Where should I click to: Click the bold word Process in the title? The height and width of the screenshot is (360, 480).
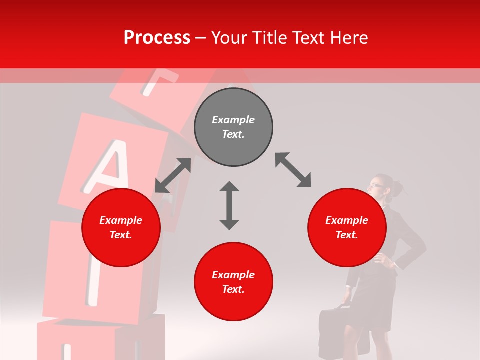(157, 38)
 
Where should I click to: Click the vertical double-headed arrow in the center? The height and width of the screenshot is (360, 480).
(229, 206)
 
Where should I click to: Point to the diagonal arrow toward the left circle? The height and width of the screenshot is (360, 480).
(173, 175)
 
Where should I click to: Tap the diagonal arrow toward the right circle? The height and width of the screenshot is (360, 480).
(293, 170)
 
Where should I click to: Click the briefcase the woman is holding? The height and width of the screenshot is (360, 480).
(335, 328)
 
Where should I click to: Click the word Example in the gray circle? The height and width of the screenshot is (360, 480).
(233, 120)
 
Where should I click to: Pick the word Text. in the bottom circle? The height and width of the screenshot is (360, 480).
(233, 289)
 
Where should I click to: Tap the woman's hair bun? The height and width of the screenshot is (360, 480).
(398, 188)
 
